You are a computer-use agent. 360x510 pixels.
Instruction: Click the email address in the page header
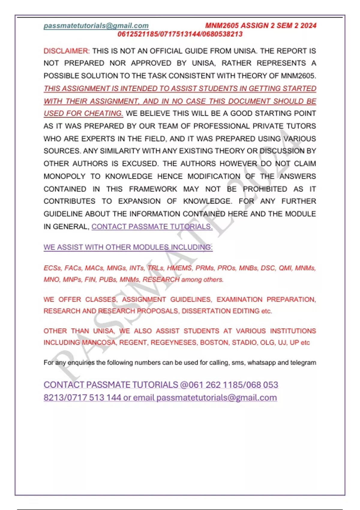click(96, 26)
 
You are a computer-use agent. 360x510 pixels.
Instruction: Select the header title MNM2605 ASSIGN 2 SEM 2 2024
click(261, 25)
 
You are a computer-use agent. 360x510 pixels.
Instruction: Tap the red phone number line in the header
click(180, 34)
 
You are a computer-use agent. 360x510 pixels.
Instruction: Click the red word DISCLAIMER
click(66, 51)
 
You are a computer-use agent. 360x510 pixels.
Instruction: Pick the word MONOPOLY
click(64, 176)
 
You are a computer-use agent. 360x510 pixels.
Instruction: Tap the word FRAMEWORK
click(153, 189)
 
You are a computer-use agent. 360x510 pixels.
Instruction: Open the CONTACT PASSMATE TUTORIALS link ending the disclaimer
click(152, 226)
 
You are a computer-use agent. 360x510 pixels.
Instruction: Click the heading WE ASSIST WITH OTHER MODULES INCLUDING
click(128, 247)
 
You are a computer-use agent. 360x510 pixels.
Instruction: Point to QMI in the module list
click(285, 268)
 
